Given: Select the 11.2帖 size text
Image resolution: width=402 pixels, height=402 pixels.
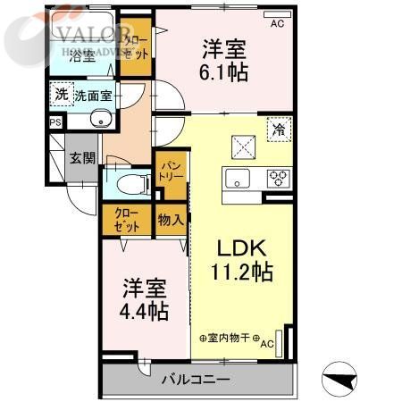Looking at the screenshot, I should (x=242, y=272).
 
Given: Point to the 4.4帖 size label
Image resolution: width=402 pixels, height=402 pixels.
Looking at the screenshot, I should (x=145, y=313).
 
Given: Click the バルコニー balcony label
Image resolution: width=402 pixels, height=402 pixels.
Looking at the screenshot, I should (x=196, y=380).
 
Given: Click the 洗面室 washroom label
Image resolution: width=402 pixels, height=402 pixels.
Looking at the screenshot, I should (x=93, y=95).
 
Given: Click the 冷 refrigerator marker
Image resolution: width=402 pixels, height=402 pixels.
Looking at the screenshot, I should (x=280, y=130).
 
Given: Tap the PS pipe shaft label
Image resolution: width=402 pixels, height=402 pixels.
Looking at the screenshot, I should (x=55, y=123).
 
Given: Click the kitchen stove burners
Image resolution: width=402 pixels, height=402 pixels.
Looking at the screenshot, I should (x=277, y=175).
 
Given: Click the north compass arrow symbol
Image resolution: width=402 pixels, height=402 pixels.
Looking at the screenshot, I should (x=340, y=380).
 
